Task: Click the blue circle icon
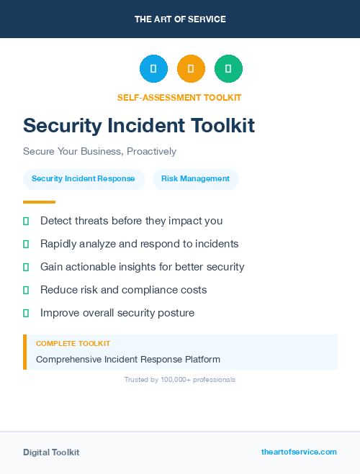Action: pyautogui.click(x=153, y=69)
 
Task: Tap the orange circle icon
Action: pyautogui.click(x=191, y=69)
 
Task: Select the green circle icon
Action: pyautogui.click(x=228, y=69)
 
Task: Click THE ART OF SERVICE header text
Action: pyautogui.click(x=180, y=19)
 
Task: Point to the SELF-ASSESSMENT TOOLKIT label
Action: pyautogui.click(x=179, y=97)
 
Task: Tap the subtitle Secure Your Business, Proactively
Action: pyautogui.click(x=99, y=152)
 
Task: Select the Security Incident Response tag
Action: pyautogui.click(x=84, y=179)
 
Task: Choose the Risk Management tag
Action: pyautogui.click(x=196, y=179)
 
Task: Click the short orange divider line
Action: pyautogui.click(x=39, y=202)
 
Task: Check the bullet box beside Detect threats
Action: pyautogui.click(x=26, y=222)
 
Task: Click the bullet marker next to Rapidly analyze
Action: pyautogui.click(x=26, y=245)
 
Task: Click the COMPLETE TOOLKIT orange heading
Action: pyautogui.click(x=73, y=344)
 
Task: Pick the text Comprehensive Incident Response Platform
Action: pyautogui.click(x=128, y=359)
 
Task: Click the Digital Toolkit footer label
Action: pyautogui.click(x=51, y=452)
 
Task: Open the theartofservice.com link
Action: pyautogui.click(x=299, y=452)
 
